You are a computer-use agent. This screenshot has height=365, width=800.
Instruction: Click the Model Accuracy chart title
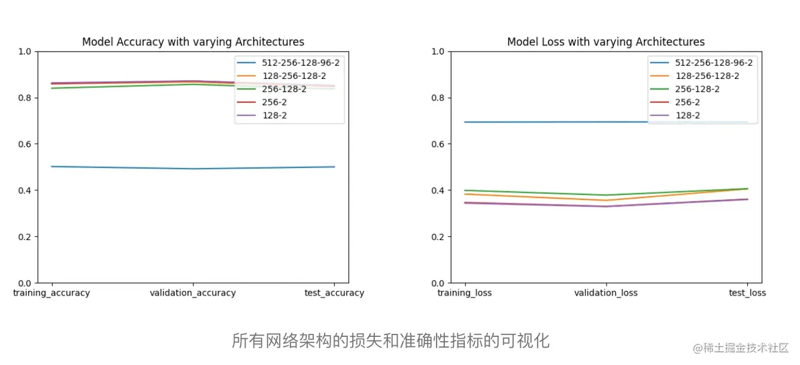(x=193, y=42)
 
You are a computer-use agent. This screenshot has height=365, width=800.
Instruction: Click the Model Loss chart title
(x=605, y=42)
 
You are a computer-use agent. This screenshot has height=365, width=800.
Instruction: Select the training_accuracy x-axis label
(x=51, y=293)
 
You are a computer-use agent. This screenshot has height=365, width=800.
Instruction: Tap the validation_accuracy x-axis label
(x=193, y=293)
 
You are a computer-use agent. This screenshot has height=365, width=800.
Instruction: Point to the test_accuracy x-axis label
(x=334, y=293)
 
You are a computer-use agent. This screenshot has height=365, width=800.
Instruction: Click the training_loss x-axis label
(x=465, y=293)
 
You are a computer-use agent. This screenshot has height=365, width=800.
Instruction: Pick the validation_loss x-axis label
(x=606, y=293)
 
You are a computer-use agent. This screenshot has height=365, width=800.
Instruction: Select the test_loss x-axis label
(x=747, y=293)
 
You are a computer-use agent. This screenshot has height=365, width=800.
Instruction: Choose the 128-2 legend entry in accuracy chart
(x=274, y=115)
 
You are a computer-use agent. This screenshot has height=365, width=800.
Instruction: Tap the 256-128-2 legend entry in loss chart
(x=697, y=89)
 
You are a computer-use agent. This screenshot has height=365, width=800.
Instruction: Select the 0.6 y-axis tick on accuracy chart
(x=25, y=144)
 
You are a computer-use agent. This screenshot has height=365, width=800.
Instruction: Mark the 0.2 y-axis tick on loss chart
(x=438, y=237)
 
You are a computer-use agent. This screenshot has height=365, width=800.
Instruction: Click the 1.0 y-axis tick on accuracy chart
(x=25, y=51)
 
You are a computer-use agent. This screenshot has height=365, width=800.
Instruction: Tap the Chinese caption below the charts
(x=390, y=341)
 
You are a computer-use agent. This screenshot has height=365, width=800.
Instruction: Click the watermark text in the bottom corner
(x=741, y=348)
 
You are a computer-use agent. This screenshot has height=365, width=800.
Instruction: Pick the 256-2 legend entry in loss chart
(x=687, y=102)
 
